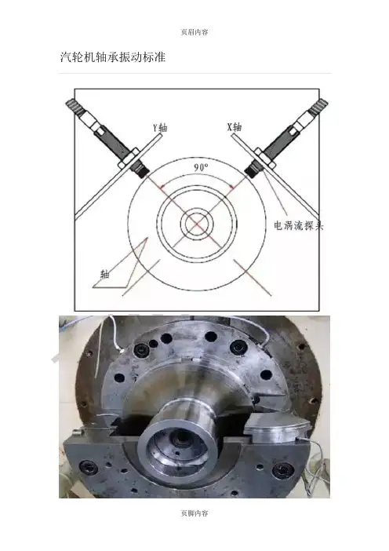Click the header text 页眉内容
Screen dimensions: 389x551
(194, 32)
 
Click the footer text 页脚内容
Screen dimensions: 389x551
(194, 513)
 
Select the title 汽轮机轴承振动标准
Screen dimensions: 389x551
(113, 57)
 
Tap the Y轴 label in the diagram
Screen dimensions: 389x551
(160, 127)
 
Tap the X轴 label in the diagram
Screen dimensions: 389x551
(234, 126)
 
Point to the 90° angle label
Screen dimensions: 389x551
(201, 168)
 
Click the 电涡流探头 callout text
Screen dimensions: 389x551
(299, 225)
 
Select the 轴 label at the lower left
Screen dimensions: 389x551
(104, 274)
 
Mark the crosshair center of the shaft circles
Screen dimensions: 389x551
(197, 224)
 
